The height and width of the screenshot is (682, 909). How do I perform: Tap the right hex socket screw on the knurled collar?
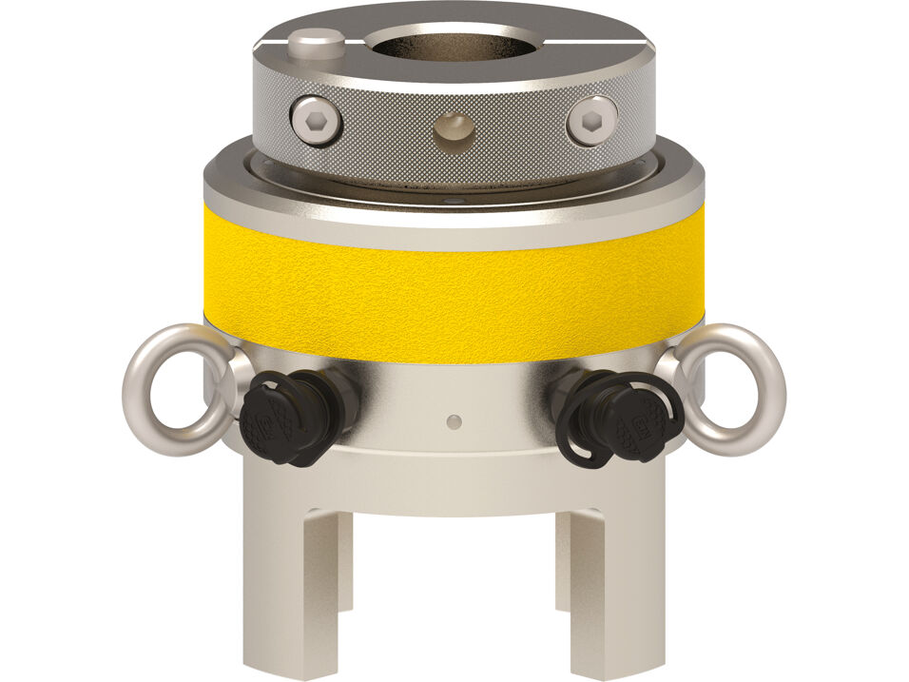tap(590, 121)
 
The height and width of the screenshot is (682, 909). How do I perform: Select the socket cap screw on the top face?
tap(318, 42)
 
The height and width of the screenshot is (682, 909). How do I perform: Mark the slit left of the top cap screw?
tap(271, 42)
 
